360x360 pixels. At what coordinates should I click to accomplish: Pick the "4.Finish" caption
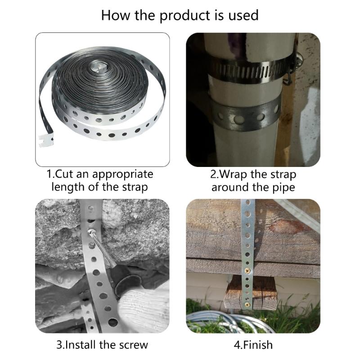pyautogui.click(x=253, y=345)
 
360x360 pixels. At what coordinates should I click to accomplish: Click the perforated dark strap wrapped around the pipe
pyautogui.click(x=246, y=115)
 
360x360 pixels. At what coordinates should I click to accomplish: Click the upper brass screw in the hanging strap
pyautogui.click(x=247, y=271)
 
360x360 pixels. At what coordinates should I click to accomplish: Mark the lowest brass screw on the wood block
pyautogui.click(x=247, y=305)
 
